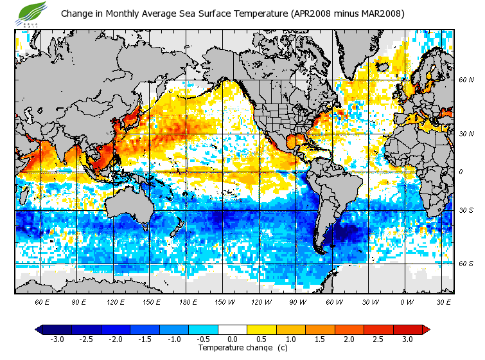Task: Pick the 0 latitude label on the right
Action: (x=461, y=172)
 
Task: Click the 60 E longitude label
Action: (x=42, y=301)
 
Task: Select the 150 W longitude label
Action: (x=224, y=301)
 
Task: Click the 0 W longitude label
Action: (x=406, y=301)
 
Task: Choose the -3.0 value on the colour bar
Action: (x=58, y=339)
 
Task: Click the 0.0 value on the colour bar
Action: (x=233, y=339)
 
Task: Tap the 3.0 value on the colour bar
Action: (x=407, y=339)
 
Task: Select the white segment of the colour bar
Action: (x=233, y=329)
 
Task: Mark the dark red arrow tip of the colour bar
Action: (x=426, y=329)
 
